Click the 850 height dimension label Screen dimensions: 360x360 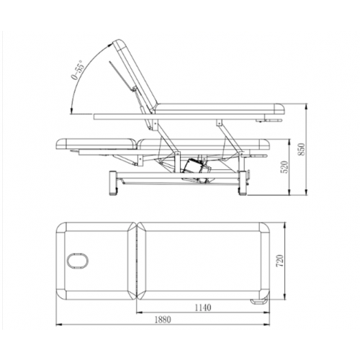pos(302,149)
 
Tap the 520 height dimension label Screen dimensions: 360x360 pos(284,167)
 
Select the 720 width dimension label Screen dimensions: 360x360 pos(280,261)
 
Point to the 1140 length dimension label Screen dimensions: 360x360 pos(203,307)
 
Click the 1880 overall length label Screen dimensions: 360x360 pos(163,320)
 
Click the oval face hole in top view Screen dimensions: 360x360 pos(77,261)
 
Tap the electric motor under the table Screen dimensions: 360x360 pos(197,168)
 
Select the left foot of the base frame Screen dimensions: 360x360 pos(114,183)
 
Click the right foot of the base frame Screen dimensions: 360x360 pos(243,183)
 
